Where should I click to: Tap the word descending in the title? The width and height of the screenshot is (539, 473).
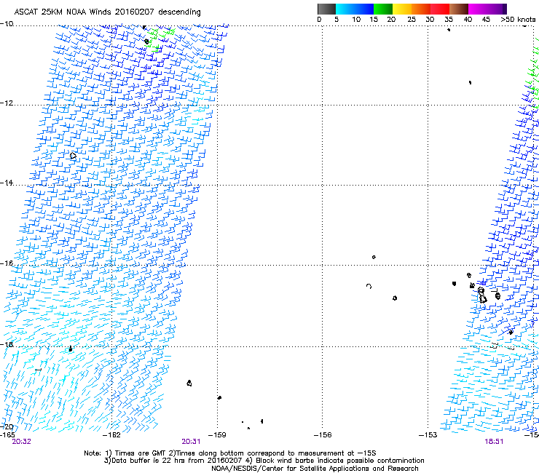178,12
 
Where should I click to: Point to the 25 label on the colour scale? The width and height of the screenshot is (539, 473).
412,18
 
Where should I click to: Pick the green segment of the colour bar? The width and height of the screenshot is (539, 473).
384,9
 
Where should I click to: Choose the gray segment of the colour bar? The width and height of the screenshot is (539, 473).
327,9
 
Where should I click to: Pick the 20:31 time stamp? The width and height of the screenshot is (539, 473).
192,441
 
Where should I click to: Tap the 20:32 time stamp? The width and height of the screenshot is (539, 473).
21,441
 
